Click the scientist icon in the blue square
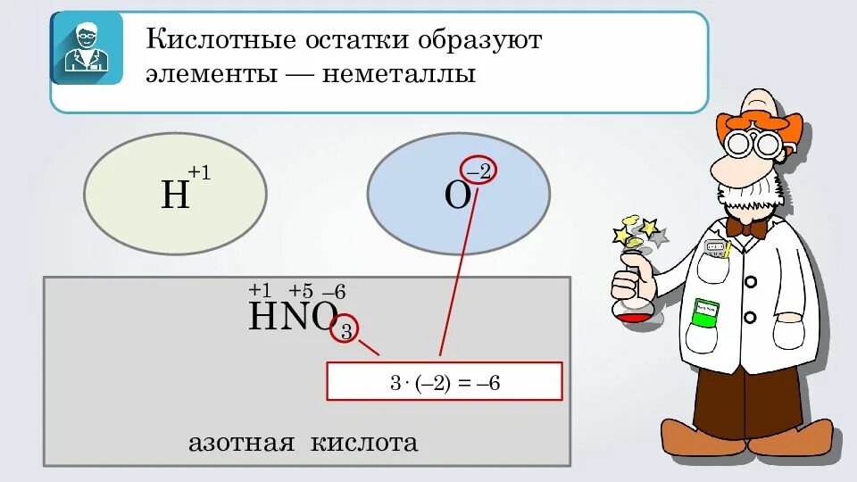[x=87, y=48]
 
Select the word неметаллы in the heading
[x=399, y=74]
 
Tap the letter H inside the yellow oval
[x=175, y=195]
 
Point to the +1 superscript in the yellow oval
[x=199, y=173]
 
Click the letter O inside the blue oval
[x=457, y=195]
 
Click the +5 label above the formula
[x=301, y=291]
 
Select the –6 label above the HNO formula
[x=334, y=292]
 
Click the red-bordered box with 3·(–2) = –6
[x=445, y=381]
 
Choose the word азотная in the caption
[x=240, y=443]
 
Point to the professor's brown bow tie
[x=745, y=228]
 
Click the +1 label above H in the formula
[x=260, y=291]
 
